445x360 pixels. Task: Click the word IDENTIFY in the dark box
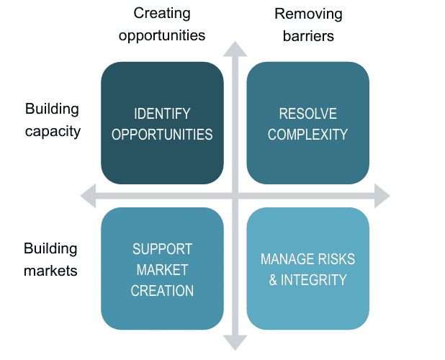[162, 114]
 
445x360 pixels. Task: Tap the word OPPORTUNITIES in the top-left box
[162, 135]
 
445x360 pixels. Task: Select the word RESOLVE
[307, 114]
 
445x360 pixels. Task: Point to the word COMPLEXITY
[307, 135]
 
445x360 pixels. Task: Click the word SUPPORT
[162, 249]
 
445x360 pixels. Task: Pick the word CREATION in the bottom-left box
[162, 291]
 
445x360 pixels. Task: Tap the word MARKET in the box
[162, 270]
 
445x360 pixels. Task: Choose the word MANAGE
[288, 259]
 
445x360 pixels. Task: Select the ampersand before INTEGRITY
[274, 280]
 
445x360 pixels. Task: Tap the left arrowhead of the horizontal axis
[88, 194]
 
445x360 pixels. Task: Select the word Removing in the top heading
[308, 14]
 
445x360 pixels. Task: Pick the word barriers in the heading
[308, 35]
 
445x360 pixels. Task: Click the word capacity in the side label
[52, 132]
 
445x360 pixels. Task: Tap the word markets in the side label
[50, 271]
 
